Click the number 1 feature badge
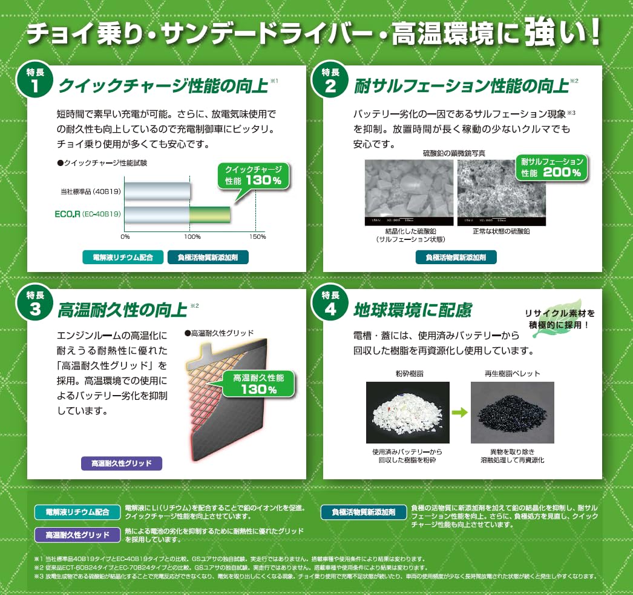[x=34, y=80]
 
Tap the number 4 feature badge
[x=330, y=303]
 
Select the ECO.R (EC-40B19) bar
[x=178, y=214]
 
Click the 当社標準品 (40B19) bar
[x=158, y=191]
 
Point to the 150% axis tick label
[x=257, y=236]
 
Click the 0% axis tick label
[x=125, y=236]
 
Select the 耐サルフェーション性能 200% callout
[x=551, y=167]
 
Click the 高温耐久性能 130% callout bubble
[x=258, y=384]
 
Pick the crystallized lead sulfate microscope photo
[x=409, y=193]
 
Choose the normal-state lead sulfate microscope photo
[x=502, y=193]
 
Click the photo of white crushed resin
[x=408, y=412]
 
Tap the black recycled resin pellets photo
[x=513, y=412]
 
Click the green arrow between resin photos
[x=460, y=413]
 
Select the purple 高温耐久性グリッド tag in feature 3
[x=122, y=464]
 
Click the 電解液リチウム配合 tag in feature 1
[x=123, y=257]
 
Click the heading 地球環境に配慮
[x=413, y=310]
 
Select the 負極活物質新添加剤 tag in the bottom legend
[x=364, y=512]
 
